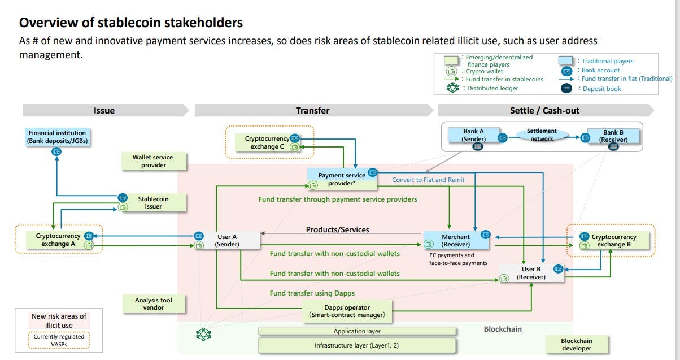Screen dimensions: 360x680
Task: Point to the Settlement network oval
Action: pyautogui.click(x=542, y=135)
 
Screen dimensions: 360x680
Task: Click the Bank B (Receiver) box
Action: pyautogui.click(x=613, y=136)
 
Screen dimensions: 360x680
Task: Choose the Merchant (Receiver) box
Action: pyautogui.click(x=456, y=240)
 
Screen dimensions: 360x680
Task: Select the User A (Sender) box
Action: pyautogui.click(x=227, y=240)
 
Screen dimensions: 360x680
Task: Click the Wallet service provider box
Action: pyautogui.click(x=153, y=161)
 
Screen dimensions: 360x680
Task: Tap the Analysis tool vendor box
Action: pyautogui.click(x=153, y=304)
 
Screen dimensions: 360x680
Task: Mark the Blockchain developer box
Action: pyautogui.click(x=577, y=344)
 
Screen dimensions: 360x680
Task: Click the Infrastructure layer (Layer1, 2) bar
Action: pyautogui.click(x=356, y=345)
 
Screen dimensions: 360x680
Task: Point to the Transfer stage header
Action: pyautogui.click(x=312, y=110)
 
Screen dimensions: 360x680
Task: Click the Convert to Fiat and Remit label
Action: pyautogui.click(x=429, y=180)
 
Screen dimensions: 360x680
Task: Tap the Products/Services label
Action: pyautogui.click(x=337, y=229)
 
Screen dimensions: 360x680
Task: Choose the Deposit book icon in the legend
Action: pyautogui.click(x=567, y=88)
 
